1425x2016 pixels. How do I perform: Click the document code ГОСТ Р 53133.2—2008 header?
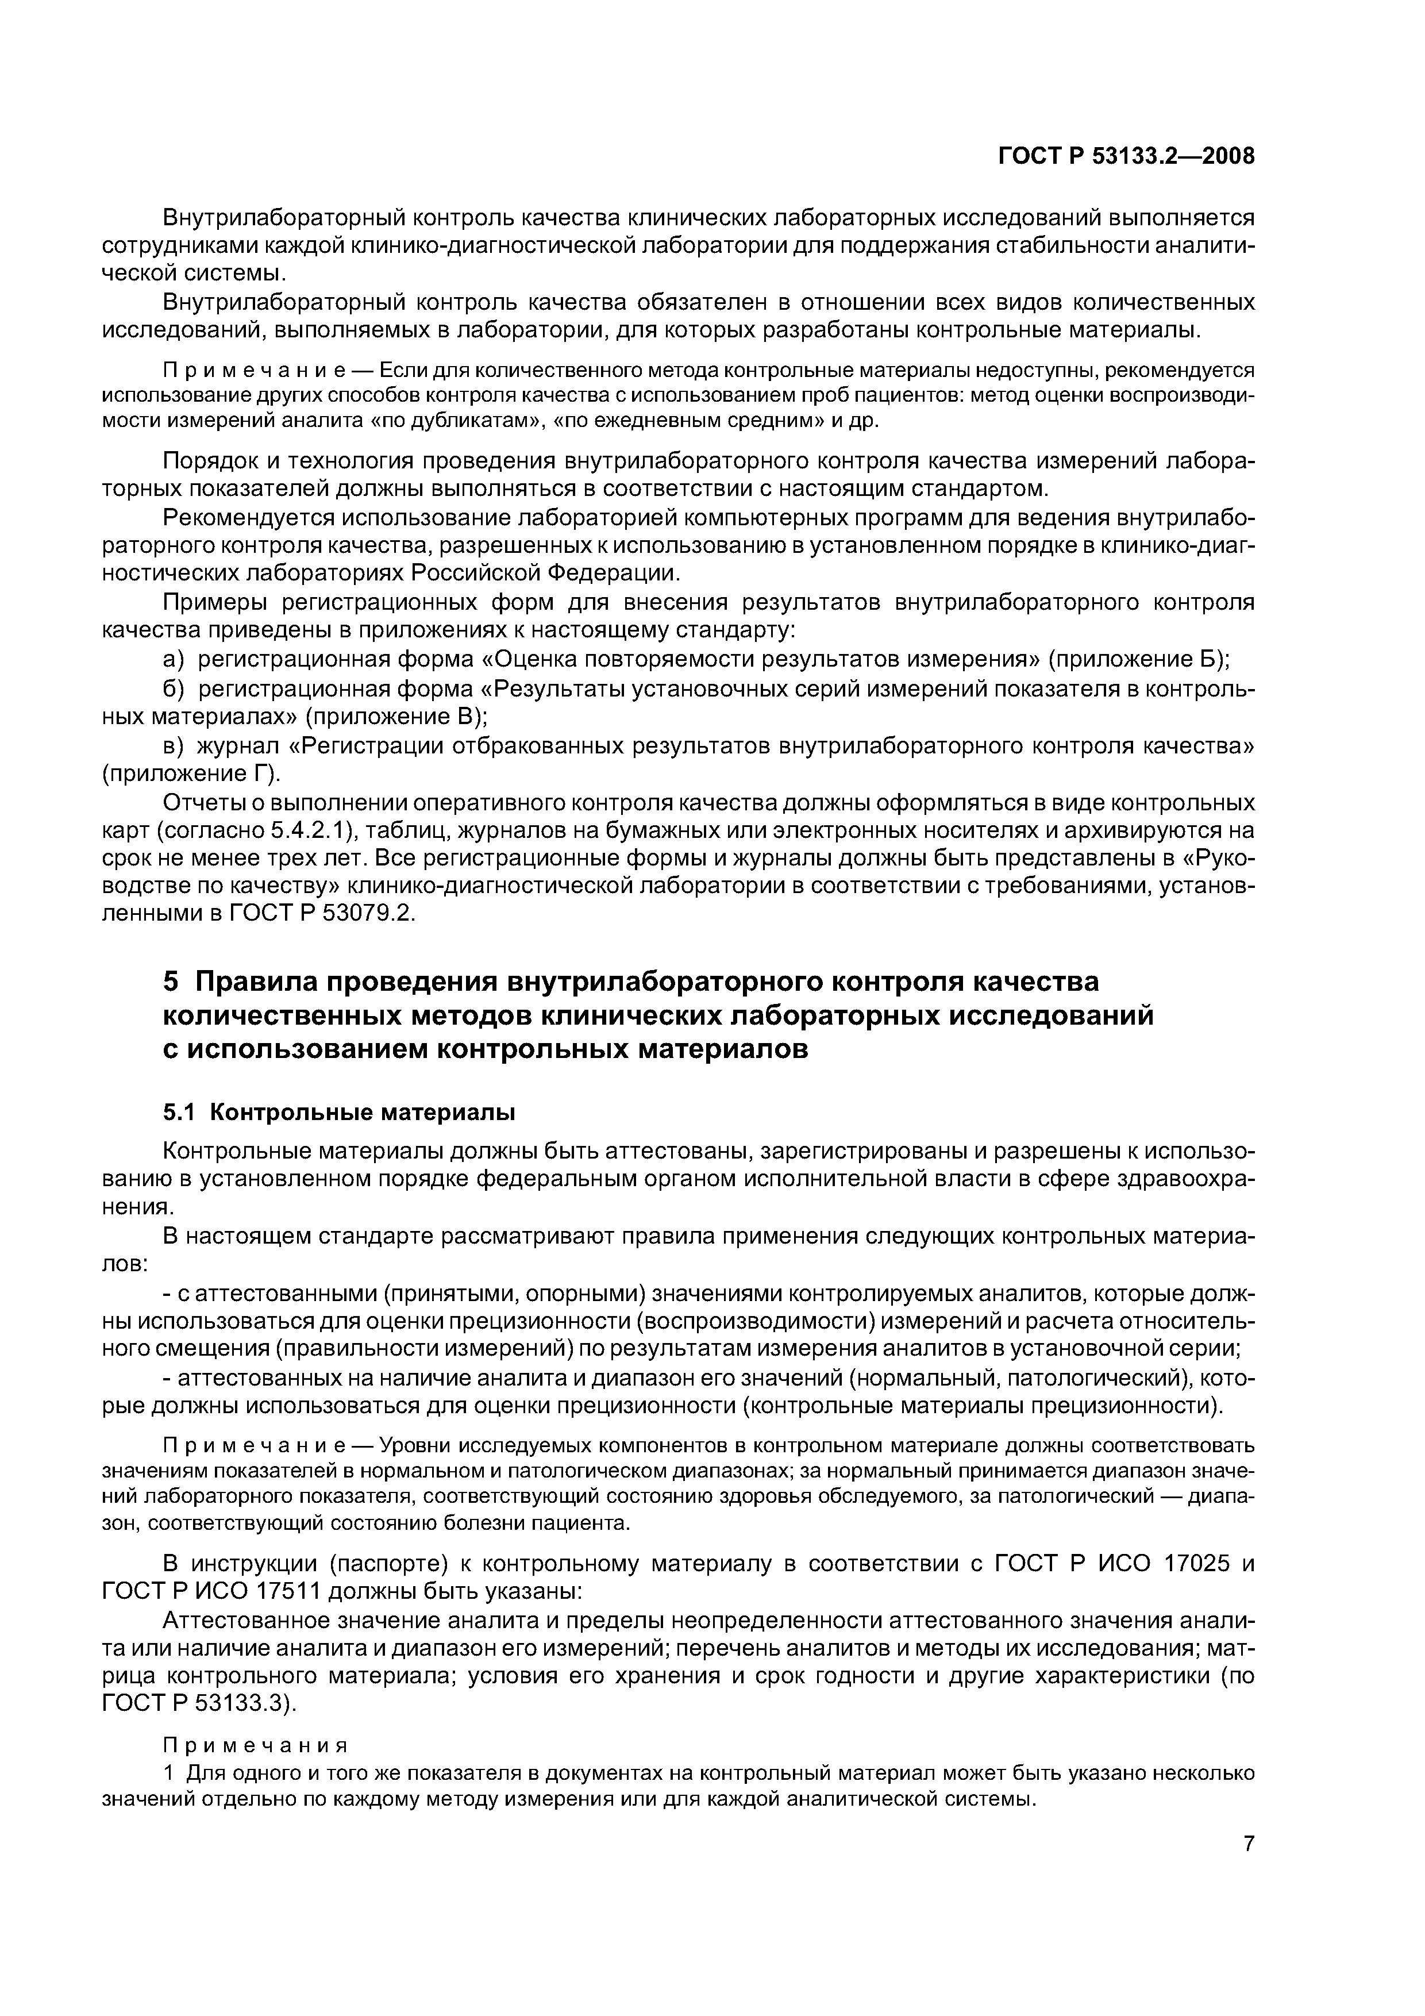pos(1126,156)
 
